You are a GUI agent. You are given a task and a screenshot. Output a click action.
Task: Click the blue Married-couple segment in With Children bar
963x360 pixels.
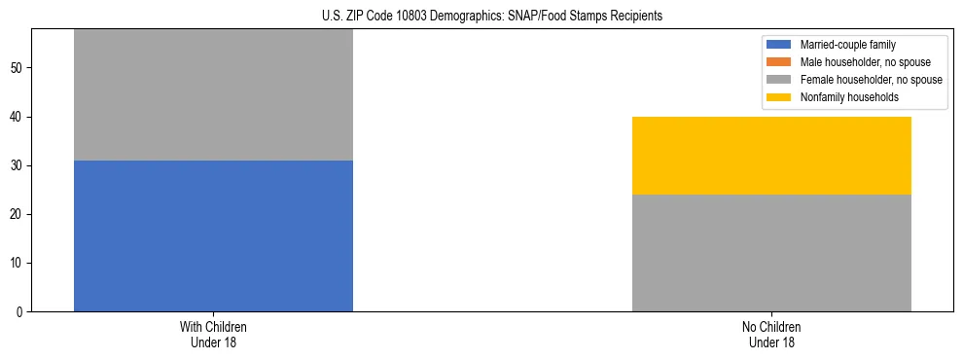click(213, 235)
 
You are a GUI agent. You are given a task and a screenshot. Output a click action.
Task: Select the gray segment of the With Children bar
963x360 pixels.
click(213, 95)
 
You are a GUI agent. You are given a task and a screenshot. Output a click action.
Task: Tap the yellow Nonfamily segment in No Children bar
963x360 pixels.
click(771, 156)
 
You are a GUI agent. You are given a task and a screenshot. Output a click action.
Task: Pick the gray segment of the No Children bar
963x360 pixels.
click(771, 253)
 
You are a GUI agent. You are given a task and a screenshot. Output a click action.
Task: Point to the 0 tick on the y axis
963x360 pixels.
click(20, 311)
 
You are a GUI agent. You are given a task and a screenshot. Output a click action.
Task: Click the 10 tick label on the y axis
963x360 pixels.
click(18, 263)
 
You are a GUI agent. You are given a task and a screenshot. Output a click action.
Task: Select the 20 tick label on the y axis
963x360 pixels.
click(18, 214)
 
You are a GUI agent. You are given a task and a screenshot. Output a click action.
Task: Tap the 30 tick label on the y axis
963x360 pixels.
click(18, 165)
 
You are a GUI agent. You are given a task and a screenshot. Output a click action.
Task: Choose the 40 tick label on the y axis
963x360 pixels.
click(18, 117)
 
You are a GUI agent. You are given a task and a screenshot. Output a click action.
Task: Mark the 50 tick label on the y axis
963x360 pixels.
click(18, 68)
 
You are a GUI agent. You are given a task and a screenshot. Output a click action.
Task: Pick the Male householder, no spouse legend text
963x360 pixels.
click(865, 62)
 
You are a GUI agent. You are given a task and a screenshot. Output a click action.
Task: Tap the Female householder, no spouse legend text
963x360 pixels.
click(871, 80)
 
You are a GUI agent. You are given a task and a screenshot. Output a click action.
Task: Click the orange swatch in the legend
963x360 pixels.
click(779, 62)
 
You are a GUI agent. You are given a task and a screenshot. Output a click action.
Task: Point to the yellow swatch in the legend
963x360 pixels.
click(779, 97)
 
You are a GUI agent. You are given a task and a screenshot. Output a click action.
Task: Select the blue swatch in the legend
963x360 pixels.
click(779, 45)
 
